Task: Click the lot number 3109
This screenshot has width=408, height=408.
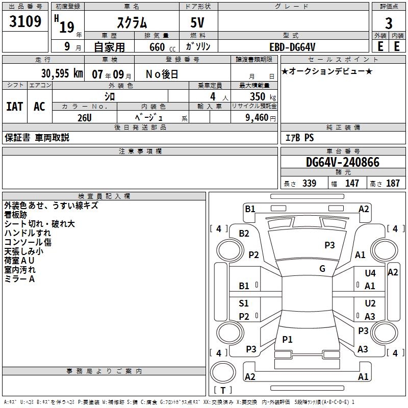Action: pos(26,22)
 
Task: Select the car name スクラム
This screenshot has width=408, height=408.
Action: pos(132,22)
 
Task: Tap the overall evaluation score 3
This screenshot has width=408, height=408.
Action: pos(389,23)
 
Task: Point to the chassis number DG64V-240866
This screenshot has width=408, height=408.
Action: pos(343,162)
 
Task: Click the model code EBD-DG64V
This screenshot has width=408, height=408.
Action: pos(293,46)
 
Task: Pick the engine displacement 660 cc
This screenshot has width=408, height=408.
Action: pos(156,47)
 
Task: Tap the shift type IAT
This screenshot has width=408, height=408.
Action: pos(14,107)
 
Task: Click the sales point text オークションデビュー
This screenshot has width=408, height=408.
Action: pos(326,71)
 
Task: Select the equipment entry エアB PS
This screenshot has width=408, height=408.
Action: pos(299,138)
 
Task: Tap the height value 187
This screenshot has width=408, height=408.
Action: pos(393,184)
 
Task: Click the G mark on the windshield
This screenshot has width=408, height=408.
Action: pos(322,269)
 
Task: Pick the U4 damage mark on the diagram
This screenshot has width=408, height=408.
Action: pos(370,273)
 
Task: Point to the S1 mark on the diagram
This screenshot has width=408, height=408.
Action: pos(244,303)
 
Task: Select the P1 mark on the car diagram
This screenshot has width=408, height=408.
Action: pos(288,339)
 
